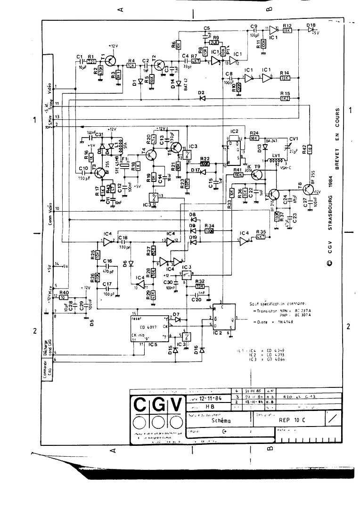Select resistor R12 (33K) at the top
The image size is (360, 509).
point(287,31)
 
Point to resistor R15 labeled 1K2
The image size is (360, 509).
point(285,98)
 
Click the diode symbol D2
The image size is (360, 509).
point(202,98)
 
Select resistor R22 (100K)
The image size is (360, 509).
point(205,164)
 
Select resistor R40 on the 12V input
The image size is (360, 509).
point(65,297)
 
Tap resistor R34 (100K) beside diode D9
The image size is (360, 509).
point(209,231)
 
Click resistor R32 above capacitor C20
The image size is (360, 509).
point(200,286)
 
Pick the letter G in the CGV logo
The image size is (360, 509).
point(156,404)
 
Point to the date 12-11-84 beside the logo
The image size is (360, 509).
point(210,398)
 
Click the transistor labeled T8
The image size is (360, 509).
point(309,189)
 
